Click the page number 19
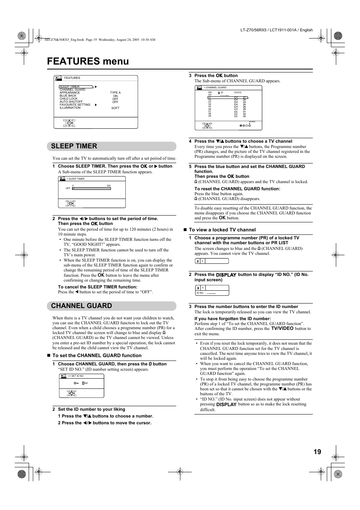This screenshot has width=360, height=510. pyautogui.click(x=317, y=452)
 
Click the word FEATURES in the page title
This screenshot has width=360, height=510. pyautogui.click(x=74, y=61)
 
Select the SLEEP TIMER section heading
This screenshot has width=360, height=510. pyautogui.click(x=74, y=146)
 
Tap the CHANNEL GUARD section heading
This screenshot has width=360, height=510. pyautogui.click(x=82, y=306)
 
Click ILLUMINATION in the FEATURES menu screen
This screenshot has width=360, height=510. pyautogui.click(x=70, y=108)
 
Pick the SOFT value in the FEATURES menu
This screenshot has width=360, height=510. pyautogui.click(x=115, y=108)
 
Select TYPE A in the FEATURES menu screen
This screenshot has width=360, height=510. pyautogui.click(x=115, y=92)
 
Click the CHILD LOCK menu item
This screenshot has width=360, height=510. pyautogui.click(x=68, y=99)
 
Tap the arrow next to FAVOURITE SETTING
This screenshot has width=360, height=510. pyautogui.click(x=96, y=105)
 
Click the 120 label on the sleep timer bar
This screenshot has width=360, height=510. pyautogui.click(x=109, y=186)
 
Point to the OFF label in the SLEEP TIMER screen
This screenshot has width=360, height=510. pyautogui.click(x=68, y=188)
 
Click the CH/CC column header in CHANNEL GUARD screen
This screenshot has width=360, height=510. pyautogui.click(x=238, y=92)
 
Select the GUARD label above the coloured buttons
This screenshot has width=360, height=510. pyautogui.click(x=252, y=122)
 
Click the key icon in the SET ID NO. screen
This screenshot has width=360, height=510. pyautogui.click(x=76, y=383)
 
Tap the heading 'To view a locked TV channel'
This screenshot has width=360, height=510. pyautogui.click(x=222, y=230)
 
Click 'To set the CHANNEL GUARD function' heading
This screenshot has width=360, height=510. pyautogui.click(x=97, y=355)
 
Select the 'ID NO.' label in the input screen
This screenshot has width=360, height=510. pyautogui.click(x=200, y=293)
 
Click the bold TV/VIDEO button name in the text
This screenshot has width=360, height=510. pyautogui.click(x=282, y=328)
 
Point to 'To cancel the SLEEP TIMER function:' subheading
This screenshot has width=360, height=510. pyautogui.click(x=97, y=287)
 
